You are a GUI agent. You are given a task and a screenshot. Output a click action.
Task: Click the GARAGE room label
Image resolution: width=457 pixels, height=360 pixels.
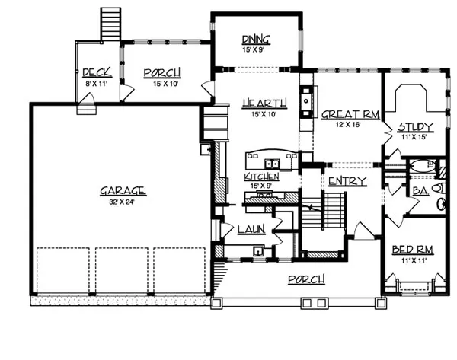123,191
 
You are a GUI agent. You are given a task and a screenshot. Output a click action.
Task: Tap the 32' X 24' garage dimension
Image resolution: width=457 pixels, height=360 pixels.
122,202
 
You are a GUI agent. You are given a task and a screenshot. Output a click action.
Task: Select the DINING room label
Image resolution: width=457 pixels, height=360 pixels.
256,40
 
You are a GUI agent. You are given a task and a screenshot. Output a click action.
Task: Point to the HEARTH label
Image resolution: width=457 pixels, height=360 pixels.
264,104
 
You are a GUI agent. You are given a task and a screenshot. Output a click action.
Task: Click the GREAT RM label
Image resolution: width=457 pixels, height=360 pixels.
350,114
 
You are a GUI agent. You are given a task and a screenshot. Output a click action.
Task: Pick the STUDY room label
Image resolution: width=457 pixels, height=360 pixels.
416,127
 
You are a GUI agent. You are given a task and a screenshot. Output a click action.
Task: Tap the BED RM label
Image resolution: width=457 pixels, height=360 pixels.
413,250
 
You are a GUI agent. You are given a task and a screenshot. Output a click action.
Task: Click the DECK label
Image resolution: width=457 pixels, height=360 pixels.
97,72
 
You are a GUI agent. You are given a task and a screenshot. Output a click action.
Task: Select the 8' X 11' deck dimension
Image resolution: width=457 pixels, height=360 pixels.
97,84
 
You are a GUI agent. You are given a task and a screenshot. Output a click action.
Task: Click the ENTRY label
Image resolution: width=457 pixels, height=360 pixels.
347,181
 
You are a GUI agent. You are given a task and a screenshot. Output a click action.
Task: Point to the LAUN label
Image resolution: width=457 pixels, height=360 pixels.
251,229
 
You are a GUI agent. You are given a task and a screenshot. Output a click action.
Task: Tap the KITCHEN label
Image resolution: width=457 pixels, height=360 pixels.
261,177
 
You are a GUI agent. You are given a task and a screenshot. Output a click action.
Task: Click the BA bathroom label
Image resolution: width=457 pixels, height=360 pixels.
421,191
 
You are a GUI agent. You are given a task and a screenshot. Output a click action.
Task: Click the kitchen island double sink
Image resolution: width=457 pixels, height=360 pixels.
272,164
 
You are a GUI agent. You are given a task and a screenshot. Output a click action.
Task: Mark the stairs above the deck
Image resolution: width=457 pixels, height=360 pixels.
110,24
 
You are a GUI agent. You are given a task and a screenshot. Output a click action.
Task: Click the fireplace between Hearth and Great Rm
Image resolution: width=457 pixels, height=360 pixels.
307,101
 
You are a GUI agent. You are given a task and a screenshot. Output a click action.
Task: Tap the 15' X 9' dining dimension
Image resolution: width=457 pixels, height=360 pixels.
253,49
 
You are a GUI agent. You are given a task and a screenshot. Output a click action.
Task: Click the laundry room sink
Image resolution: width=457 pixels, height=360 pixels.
258,250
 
